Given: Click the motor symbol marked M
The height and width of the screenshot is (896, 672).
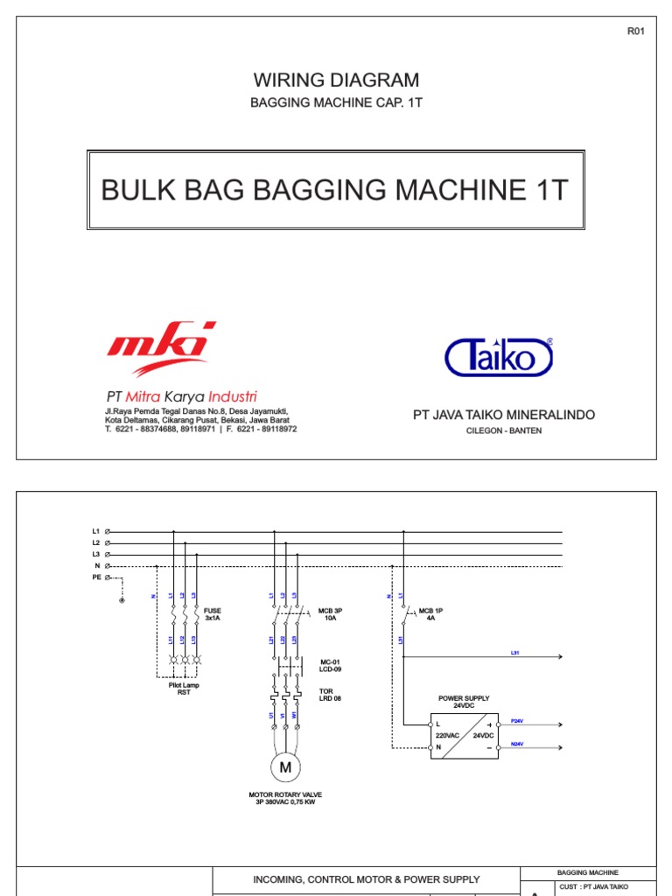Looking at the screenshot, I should click(x=284, y=767).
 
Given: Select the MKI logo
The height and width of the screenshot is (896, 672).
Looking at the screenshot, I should click(x=161, y=348).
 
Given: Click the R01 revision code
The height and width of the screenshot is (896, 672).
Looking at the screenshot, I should click(x=635, y=31).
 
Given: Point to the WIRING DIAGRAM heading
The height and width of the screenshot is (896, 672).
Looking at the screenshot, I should click(x=336, y=80).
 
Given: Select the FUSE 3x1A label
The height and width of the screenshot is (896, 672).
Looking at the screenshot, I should click(x=213, y=613).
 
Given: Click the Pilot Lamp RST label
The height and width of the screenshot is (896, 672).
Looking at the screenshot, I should click(x=184, y=689).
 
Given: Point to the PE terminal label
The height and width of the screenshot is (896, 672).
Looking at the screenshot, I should click(x=96, y=577).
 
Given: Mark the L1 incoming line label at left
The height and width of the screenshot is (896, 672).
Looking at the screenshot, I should click(x=96, y=531).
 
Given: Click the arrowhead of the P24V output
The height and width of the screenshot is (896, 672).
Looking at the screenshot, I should click(x=559, y=724).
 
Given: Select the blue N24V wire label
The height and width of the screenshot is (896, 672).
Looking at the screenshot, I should click(x=516, y=744).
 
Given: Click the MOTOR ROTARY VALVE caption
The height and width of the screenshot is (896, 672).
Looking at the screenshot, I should click(x=285, y=794).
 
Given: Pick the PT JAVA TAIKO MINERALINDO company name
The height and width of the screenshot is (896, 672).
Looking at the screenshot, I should click(x=503, y=415).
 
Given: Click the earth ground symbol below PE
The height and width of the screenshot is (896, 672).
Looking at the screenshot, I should click(x=122, y=600).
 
